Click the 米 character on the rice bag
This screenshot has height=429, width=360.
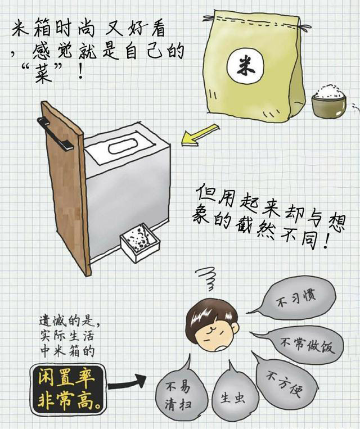(245, 66)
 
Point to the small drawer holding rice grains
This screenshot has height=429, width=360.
(139, 242)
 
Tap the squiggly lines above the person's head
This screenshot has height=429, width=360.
(206, 279)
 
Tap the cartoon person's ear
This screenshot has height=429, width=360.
(232, 331)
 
